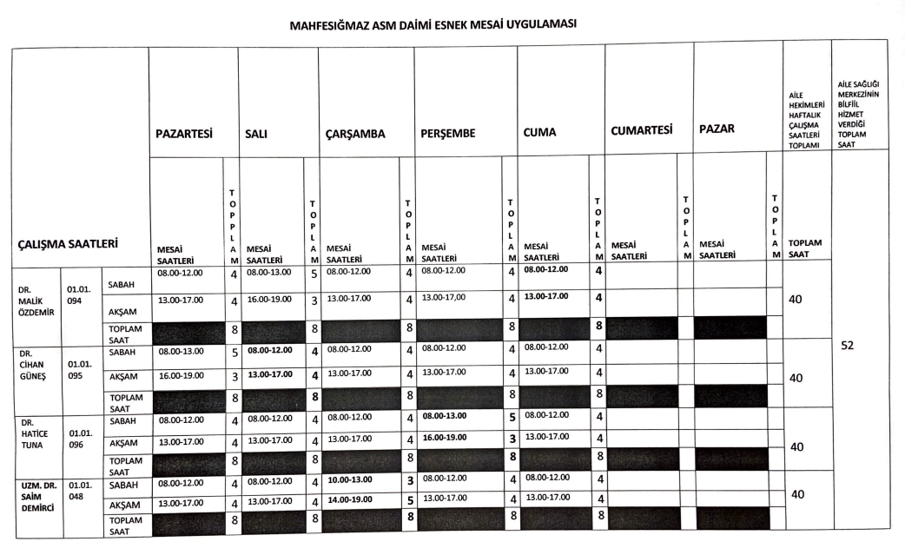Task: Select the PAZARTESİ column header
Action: (x=184, y=134)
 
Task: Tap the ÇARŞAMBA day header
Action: (x=354, y=135)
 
